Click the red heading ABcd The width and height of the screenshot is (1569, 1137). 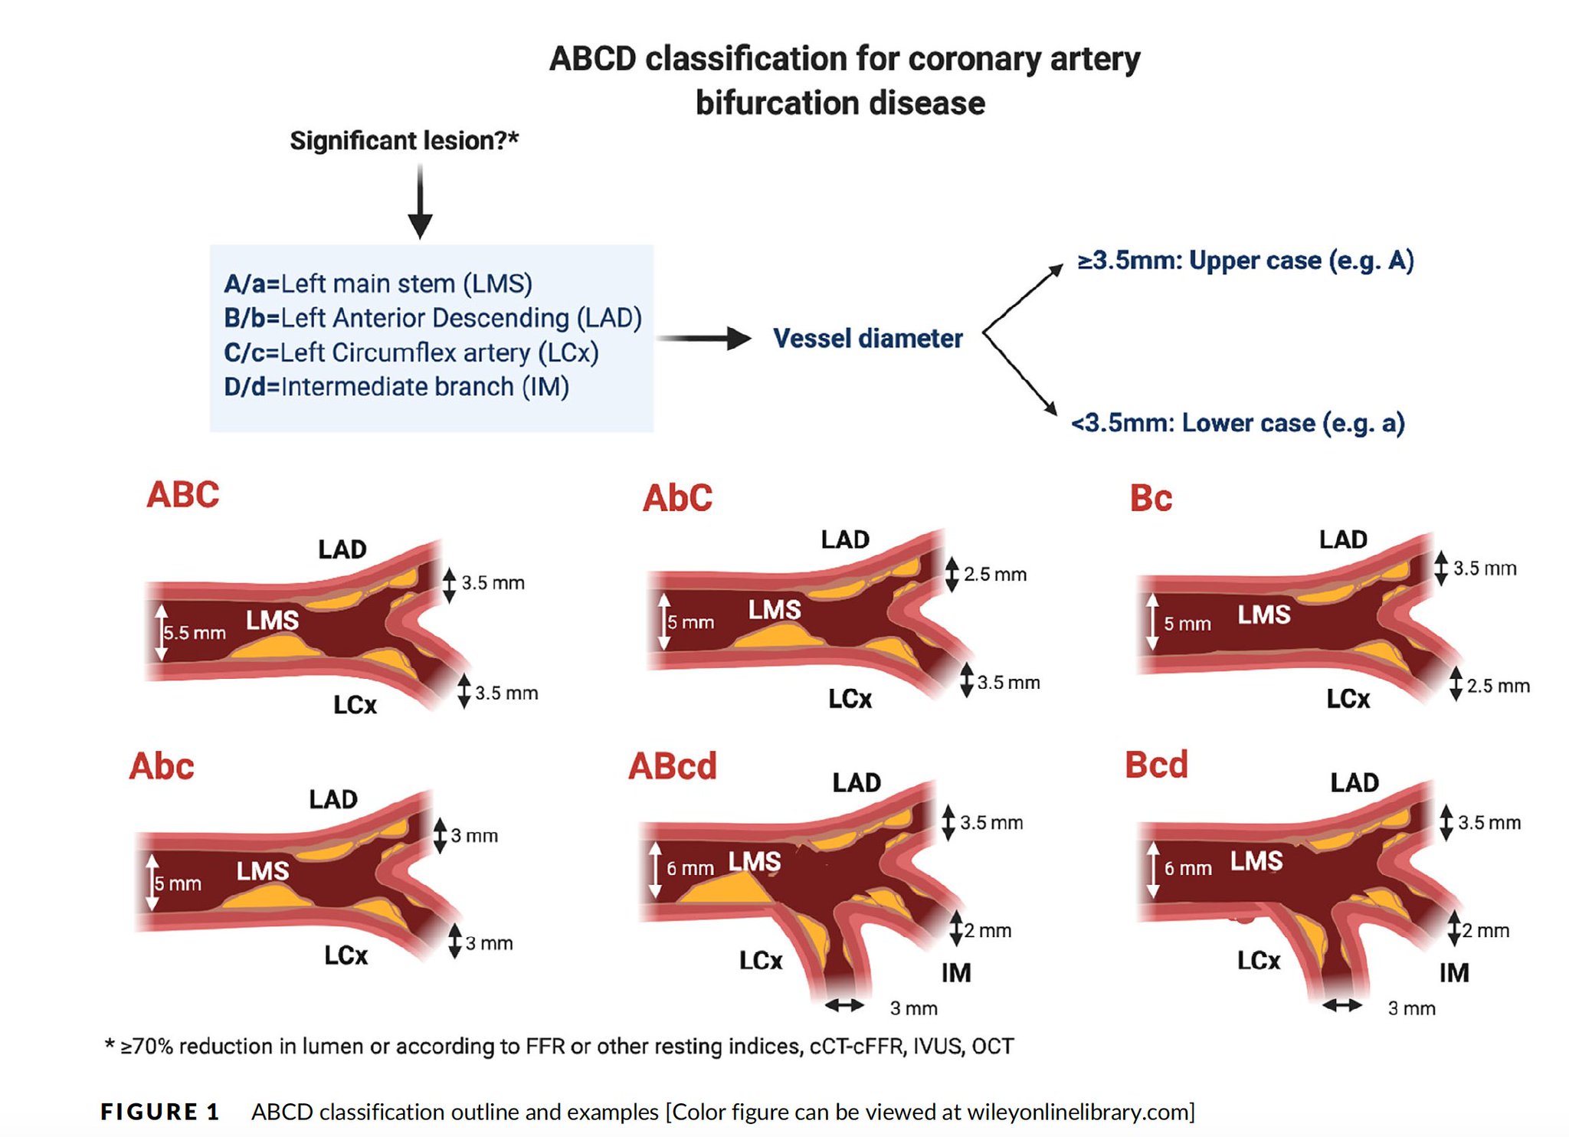(672, 766)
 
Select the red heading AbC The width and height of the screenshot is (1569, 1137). (677, 498)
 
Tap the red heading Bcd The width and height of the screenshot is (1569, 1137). (1156, 765)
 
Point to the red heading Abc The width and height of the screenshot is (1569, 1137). (162, 766)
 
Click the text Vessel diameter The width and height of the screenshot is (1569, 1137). (867, 338)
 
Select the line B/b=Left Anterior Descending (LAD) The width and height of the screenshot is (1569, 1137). (432, 318)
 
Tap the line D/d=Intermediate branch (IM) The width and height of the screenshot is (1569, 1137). (396, 387)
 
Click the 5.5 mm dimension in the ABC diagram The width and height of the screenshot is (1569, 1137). (195, 633)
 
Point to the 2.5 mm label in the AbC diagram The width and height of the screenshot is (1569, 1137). (994, 574)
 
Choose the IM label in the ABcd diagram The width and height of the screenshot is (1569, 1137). (956, 973)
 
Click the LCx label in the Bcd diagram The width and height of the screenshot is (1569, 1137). (1259, 960)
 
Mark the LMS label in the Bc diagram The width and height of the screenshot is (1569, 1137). (1264, 614)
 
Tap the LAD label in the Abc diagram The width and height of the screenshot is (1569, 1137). (333, 800)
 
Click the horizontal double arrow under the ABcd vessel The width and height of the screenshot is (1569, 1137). (844, 1005)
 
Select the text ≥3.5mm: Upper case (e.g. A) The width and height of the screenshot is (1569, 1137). (1245, 260)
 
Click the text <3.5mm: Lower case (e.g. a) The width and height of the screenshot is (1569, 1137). (1237, 423)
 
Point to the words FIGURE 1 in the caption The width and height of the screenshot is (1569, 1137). (160, 1112)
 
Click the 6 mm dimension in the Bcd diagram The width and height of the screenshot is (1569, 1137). (1187, 868)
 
